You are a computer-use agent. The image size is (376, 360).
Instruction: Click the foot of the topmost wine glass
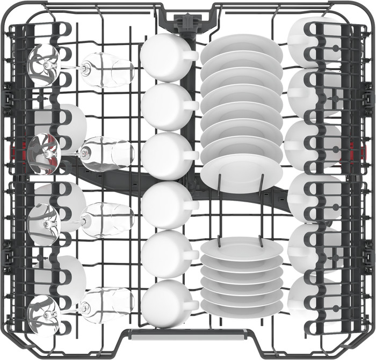[x=43, y=65]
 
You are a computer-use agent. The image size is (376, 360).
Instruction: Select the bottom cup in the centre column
[x=162, y=303]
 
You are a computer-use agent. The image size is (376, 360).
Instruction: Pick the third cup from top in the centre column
[x=162, y=156]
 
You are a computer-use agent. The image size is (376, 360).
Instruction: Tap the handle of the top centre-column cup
[x=189, y=55]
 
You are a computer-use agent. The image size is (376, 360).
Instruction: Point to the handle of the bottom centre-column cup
[x=190, y=305]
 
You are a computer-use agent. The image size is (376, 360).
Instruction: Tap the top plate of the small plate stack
[x=242, y=248]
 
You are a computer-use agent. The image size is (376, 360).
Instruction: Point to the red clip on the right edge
[x=353, y=150]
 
